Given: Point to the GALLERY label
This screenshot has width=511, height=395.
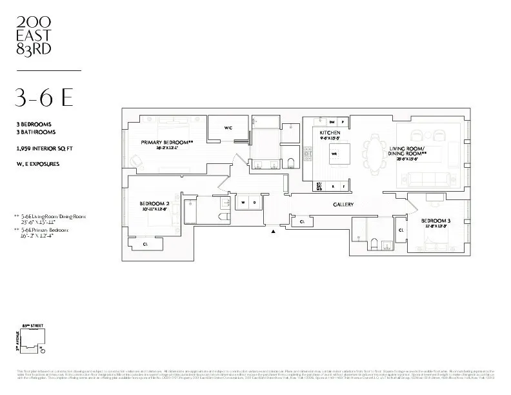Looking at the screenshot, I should (343, 204).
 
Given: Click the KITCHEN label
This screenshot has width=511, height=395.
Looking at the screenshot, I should (320, 132).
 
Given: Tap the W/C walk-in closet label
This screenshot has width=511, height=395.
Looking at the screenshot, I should (228, 128).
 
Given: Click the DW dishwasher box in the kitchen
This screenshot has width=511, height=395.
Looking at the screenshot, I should (332, 122).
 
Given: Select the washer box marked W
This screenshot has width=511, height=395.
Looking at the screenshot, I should (243, 203).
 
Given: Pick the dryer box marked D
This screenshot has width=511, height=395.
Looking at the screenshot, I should (254, 203).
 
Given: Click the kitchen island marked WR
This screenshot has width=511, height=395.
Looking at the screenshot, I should (334, 154).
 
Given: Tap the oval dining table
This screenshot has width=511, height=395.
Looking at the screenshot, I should (374, 154).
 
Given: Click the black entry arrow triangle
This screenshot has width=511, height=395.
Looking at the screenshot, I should (274, 231).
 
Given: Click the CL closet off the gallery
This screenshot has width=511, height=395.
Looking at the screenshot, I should (302, 221).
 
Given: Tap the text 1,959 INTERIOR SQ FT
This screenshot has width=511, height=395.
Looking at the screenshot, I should (45, 148).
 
